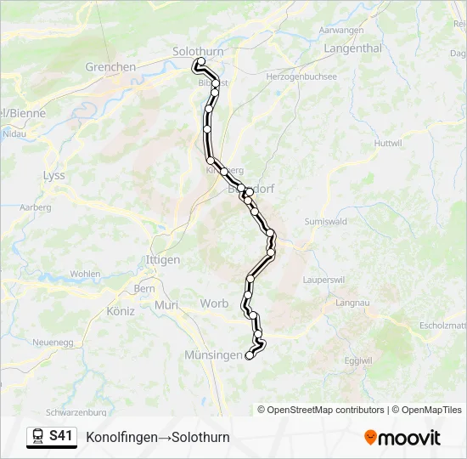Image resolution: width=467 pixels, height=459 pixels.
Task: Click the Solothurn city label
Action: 198,51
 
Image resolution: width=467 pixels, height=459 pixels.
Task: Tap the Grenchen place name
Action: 110,67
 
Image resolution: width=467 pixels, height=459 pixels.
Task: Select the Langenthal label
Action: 353,48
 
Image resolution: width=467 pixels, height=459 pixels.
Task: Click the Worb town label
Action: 214,303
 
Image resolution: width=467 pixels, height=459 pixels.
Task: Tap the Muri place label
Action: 167,304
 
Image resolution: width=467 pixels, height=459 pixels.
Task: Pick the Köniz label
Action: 121,311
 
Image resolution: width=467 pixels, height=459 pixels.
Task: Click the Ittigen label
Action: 163,260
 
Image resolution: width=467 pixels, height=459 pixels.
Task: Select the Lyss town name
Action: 53,175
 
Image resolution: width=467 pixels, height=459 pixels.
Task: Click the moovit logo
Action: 402,438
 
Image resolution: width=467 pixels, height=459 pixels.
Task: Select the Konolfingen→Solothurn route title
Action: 158,438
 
